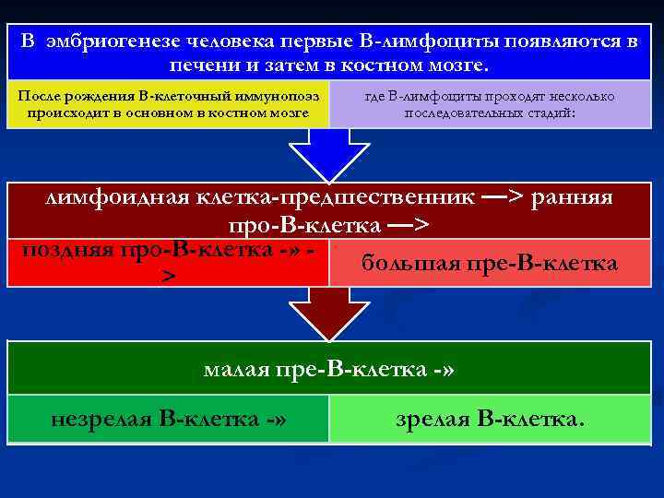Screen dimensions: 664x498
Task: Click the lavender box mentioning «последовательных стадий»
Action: [x=490, y=105]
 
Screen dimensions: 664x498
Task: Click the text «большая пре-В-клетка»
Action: [x=489, y=264]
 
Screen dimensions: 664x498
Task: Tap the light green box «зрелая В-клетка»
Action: [x=490, y=420]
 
